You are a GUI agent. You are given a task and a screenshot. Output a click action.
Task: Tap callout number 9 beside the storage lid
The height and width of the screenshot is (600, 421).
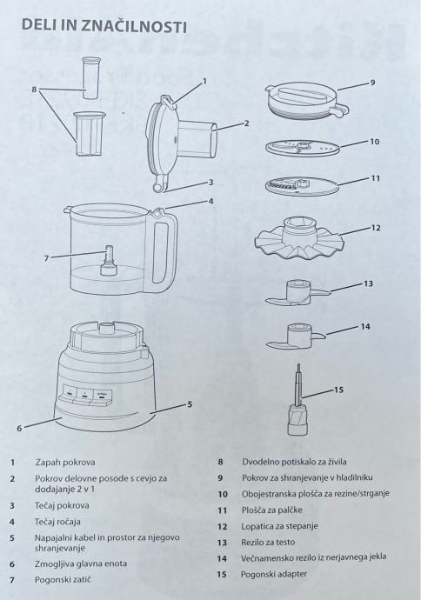pos(372,83)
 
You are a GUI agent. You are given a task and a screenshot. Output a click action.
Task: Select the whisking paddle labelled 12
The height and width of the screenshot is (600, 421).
pos(299,239)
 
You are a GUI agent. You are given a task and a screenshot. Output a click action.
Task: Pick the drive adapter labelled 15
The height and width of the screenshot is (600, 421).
pos(297,406)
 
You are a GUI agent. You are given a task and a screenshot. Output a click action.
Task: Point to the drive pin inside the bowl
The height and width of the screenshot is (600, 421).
pos(108,261)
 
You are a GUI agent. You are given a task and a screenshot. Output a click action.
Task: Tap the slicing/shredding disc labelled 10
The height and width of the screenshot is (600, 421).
pos(303,148)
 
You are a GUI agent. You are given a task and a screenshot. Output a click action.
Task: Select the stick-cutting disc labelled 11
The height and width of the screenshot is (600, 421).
pos(303,185)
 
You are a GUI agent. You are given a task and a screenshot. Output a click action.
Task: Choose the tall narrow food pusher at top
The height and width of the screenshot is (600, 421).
pos(91,78)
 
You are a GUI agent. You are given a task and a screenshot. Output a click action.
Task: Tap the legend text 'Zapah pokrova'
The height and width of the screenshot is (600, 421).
pos(65,463)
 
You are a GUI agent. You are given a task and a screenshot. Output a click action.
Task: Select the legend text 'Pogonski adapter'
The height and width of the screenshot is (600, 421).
pos(274,574)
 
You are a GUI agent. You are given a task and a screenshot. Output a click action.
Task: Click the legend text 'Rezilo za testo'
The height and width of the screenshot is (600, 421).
pos(268,543)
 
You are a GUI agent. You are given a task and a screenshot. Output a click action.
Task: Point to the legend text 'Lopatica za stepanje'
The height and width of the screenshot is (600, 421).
pos(279,526)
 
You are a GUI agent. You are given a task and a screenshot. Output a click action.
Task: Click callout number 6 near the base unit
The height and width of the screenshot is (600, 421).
pos(19,428)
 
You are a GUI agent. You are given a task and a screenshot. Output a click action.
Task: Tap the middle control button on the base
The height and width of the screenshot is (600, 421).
pos(84,396)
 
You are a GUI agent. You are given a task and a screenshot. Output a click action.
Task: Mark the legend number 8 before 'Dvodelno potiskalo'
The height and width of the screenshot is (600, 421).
pos(220,462)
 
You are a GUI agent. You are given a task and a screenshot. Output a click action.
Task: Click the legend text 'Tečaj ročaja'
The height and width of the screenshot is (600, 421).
pos(57,522)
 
